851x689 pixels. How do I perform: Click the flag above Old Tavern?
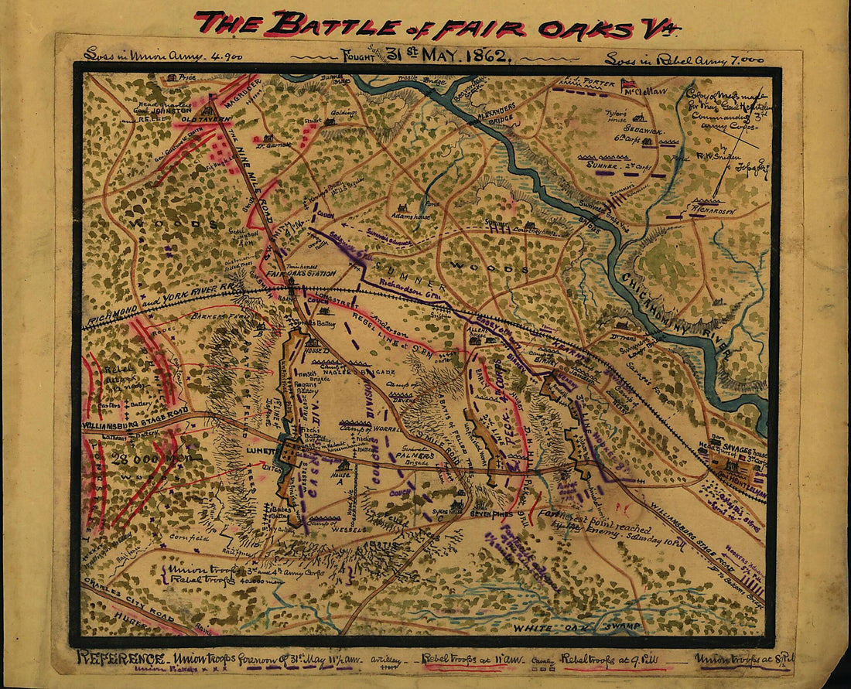pos(210,99)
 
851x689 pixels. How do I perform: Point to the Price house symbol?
pos(171,77)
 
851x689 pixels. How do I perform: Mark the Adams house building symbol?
pos(402,209)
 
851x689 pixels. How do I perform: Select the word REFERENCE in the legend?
pos(119,658)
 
